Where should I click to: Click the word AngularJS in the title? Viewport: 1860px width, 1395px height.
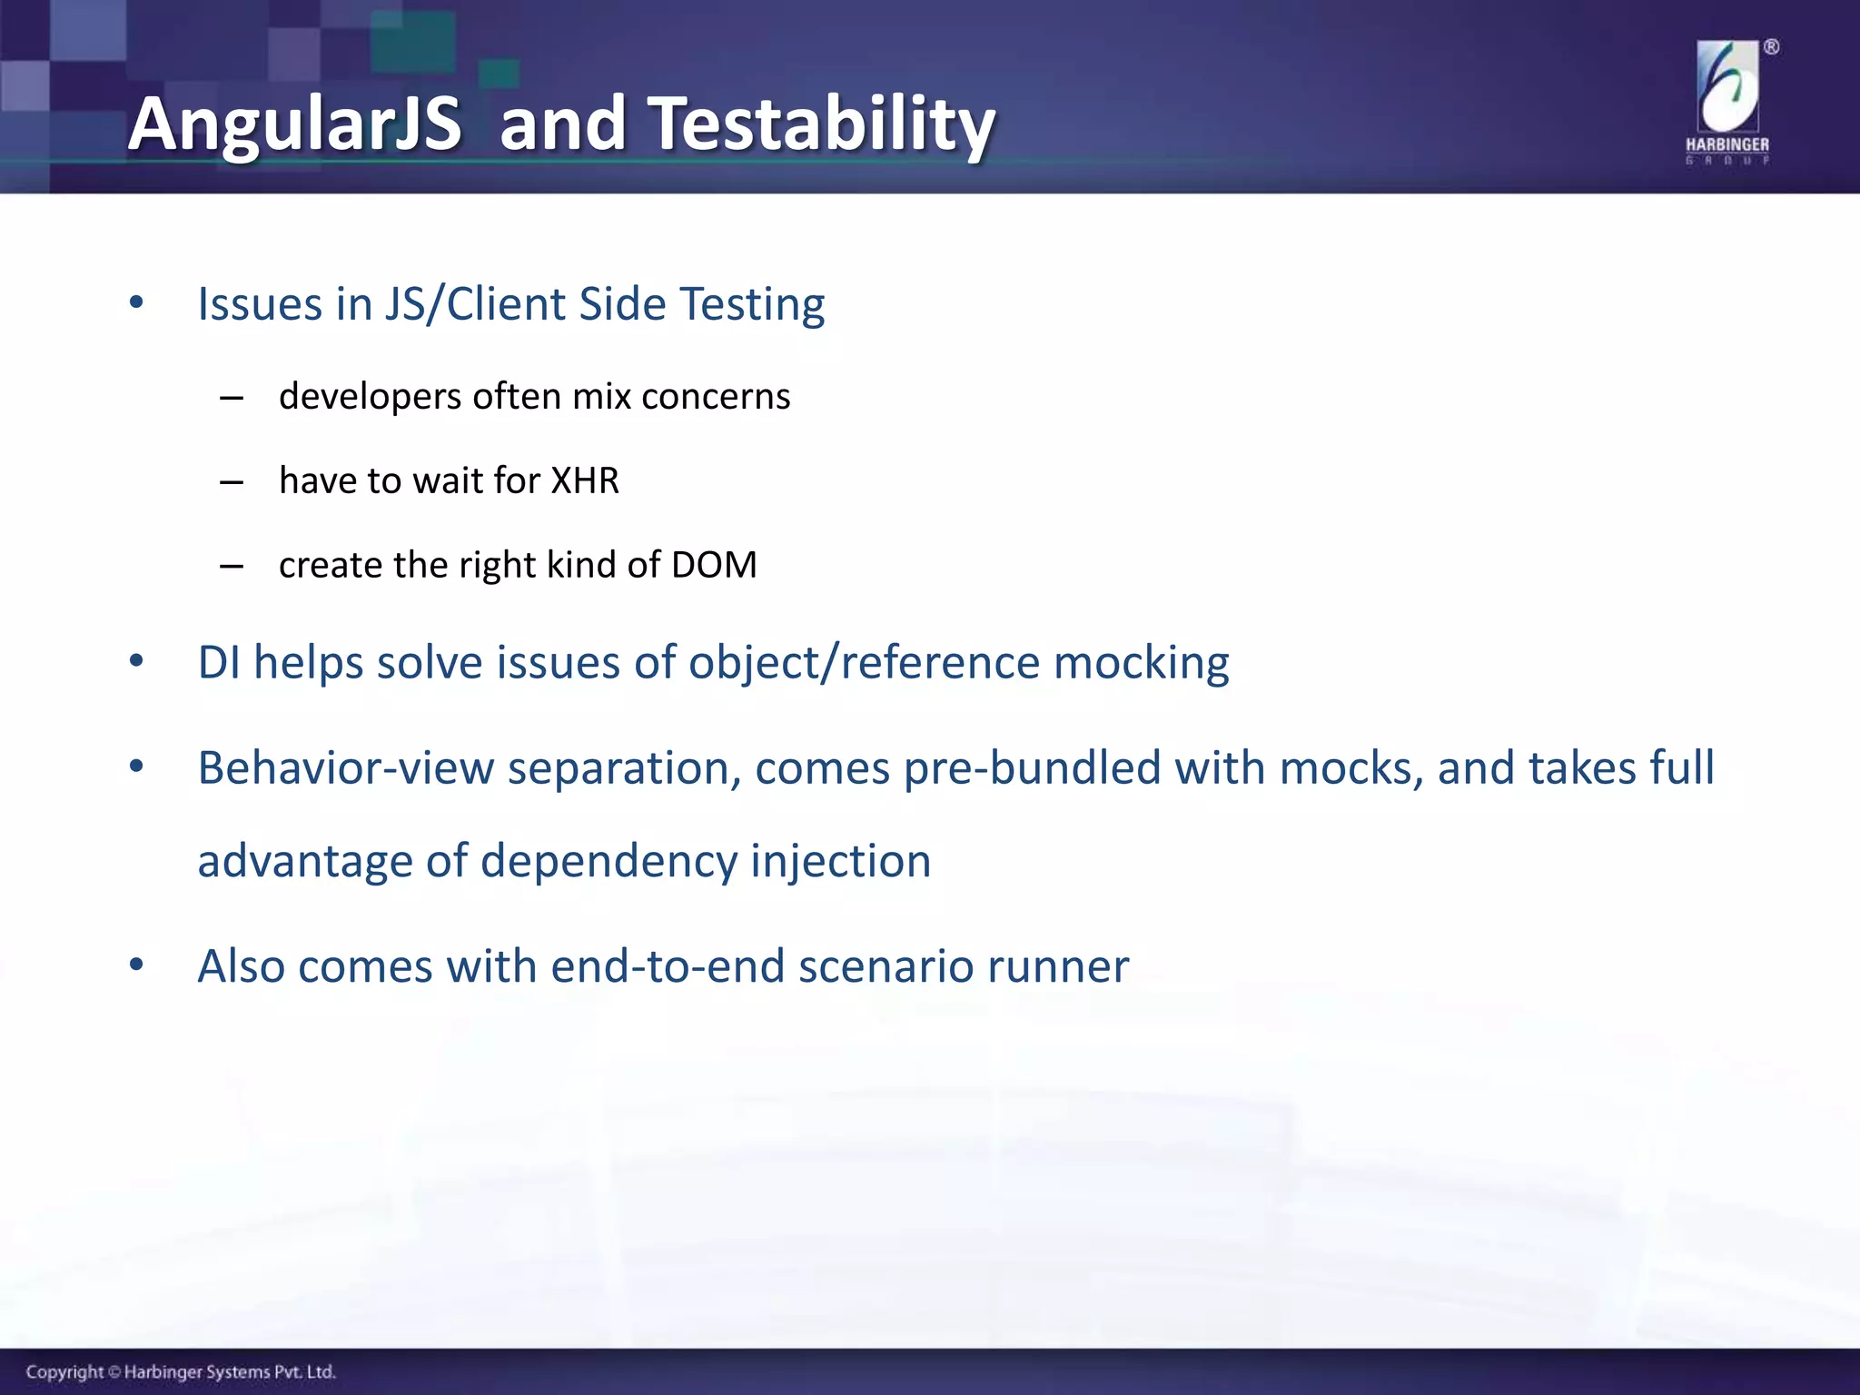tap(295, 124)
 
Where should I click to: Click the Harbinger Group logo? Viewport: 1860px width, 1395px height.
tap(1727, 102)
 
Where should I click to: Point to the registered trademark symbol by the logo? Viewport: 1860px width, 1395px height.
tap(1771, 47)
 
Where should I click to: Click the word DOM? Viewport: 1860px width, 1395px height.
tap(714, 565)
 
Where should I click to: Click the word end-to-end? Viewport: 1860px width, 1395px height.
tap(668, 966)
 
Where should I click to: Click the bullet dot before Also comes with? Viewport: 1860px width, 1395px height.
tap(136, 964)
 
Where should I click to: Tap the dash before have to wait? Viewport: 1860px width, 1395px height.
tap(232, 482)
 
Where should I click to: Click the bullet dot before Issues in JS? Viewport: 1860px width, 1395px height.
tap(136, 302)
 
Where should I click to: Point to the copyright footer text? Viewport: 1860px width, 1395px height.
tap(181, 1371)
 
